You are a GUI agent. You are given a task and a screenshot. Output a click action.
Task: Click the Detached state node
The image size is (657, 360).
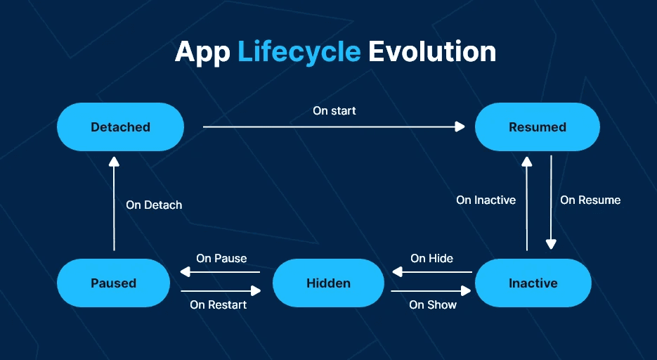pyautogui.click(x=120, y=127)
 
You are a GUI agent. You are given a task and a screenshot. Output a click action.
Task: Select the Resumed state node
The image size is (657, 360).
pyautogui.click(x=537, y=127)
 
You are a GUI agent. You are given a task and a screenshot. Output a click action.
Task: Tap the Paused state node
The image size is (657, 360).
pyautogui.click(x=114, y=283)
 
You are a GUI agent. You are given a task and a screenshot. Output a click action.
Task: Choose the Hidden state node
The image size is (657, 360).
pyautogui.click(x=329, y=283)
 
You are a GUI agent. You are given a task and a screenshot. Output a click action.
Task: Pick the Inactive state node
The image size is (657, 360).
pyautogui.click(x=533, y=283)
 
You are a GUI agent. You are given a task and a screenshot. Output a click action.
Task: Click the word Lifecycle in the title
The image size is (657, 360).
pyautogui.click(x=299, y=53)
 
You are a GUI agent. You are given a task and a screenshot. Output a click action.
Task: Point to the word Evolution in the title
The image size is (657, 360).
pyautogui.click(x=432, y=51)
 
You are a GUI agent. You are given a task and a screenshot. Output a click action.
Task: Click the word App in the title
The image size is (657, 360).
pyautogui.click(x=202, y=53)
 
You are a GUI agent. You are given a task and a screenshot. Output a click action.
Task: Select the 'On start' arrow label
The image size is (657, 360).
pyautogui.click(x=334, y=110)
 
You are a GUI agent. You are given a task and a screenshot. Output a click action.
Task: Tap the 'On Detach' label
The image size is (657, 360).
pyautogui.click(x=154, y=205)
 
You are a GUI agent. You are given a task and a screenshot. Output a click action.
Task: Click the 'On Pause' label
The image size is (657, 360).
pyautogui.click(x=221, y=258)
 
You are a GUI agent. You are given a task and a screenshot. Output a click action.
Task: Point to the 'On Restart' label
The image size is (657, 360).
pyautogui.click(x=219, y=304)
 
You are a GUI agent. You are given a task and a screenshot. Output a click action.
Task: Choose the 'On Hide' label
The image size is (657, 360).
pyautogui.click(x=431, y=258)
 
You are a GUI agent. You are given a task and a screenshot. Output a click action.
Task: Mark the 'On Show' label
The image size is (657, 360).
pyautogui.click(x=433, y=304)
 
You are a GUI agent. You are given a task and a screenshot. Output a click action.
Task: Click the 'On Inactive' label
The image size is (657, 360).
pyautogui.click(x=486, y=200)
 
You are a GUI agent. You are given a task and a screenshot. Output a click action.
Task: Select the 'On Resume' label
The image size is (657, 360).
pyautogui.click(x=590, y=200)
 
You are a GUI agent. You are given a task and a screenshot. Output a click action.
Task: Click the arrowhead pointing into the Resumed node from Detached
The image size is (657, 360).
pyautogui.click(x=460, y=127)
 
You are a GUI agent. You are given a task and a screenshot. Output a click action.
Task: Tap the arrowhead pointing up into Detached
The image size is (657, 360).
pyautogui.click(x=114, y=162)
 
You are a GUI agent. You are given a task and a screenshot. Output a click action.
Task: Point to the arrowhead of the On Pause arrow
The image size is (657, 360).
pyautogui.click(x=186, y=272)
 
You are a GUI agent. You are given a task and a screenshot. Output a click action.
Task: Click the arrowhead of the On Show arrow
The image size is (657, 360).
pyautogui.click(x=466, y=291)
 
